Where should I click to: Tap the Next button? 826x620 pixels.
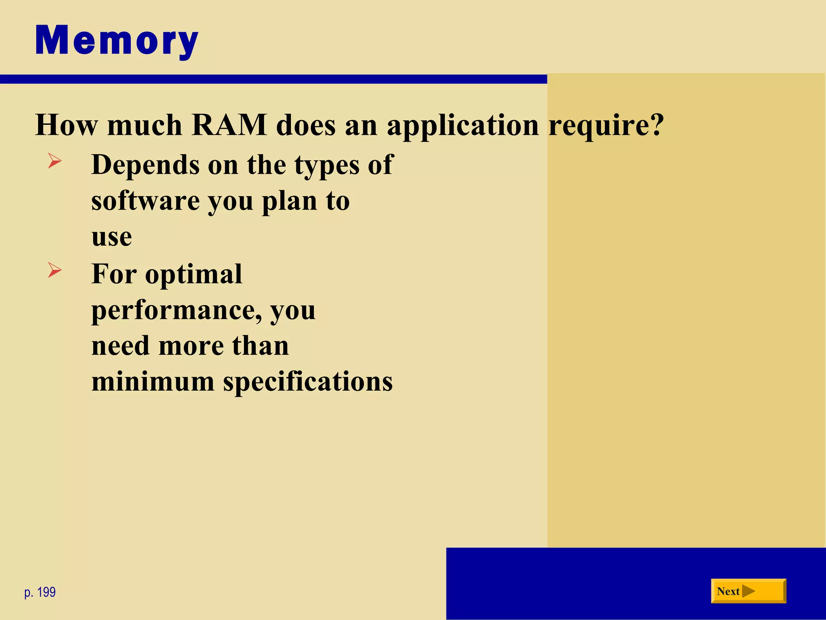click(748, 591)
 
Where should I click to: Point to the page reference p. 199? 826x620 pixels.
click(40, 592)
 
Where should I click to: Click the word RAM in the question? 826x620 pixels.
click(229, 125)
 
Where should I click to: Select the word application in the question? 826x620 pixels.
click(463, 126)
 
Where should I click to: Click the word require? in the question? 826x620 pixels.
click(606, 126)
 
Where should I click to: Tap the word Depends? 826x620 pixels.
click(145, 165)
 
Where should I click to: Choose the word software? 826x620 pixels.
click(145, 201)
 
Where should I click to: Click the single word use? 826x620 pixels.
click(111, 237)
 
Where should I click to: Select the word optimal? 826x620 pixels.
click(194, 274)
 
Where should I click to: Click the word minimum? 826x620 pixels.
click(152, 381)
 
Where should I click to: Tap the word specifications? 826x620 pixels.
click(308, 382)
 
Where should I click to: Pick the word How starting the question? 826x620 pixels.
click(66, 125)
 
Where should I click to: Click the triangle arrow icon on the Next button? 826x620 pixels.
click(749, 591)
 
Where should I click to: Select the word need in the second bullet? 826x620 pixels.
click(121, 346)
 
